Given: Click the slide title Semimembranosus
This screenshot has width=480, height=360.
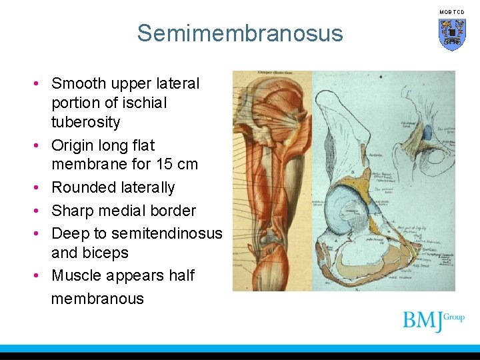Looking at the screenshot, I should click(x=240, y=33).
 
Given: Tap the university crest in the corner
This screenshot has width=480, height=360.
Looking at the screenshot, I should click(x=451, y=34).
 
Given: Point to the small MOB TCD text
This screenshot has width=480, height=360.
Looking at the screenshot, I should click(x=451, y=12).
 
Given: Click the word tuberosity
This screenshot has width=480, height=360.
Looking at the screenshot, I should click(x=85, y=122).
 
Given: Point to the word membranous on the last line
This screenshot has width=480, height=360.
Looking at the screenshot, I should click(x=97, y=298).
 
